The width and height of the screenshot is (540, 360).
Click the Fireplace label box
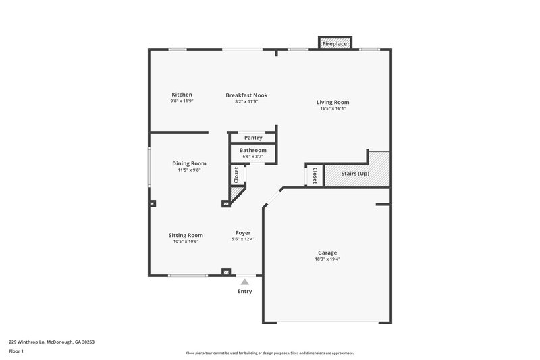pos(334,44)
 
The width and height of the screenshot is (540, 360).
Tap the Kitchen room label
pos(182,95)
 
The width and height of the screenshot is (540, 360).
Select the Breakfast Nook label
pos(246,95)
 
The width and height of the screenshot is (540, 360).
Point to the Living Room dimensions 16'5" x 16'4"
pos(333,109)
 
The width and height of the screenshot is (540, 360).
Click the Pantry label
pos(253,138)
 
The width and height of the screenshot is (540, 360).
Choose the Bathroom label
pos(253,150)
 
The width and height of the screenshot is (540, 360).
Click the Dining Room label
pos(189,163)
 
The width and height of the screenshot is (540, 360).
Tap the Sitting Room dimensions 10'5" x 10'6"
pos(186,242)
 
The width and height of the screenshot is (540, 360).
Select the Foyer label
pos(243,233)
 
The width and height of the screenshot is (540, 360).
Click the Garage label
pos(327,253)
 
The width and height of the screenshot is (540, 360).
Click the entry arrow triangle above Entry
pos(244,281)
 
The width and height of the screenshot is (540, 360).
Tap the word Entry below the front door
pos(244,292)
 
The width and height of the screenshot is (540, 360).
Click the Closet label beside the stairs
pos(315,175)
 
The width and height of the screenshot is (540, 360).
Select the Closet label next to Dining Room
pos(236,175)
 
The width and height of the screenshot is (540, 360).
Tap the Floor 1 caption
pos(16,352)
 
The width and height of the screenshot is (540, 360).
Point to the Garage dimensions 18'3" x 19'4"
pos(327,259)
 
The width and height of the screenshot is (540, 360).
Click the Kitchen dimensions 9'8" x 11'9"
pos(182,101)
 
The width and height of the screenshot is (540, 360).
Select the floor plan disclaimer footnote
pos(269,353)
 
